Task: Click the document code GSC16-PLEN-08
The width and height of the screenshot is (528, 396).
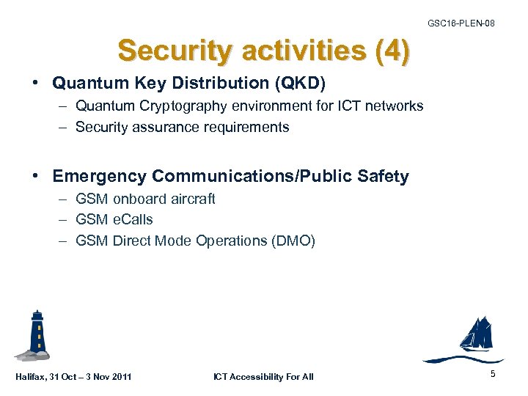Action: point(461,24)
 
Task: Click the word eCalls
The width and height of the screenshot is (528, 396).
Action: point(133,219)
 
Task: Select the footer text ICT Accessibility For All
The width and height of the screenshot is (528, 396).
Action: point(263,377)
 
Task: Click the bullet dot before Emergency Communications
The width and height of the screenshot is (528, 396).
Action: point(37,177)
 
